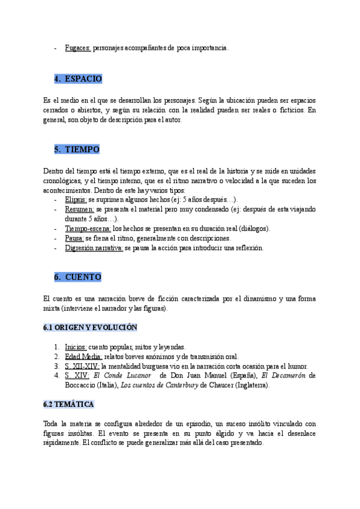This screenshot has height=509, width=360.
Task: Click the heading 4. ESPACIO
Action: click(79, 79)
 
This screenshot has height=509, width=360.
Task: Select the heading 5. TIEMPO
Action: click(77, 149)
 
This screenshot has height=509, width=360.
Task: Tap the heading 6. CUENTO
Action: click(77, 277)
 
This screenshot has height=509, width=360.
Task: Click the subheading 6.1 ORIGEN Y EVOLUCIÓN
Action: click(91, 328)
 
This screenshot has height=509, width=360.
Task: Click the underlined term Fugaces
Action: click(78, 47)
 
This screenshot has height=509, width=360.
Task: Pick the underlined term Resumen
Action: click(80, 209)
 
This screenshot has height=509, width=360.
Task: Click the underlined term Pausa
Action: click(74, 238)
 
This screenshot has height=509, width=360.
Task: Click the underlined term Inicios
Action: click(76, 347)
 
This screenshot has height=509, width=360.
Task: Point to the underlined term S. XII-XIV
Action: click(82, 366)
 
